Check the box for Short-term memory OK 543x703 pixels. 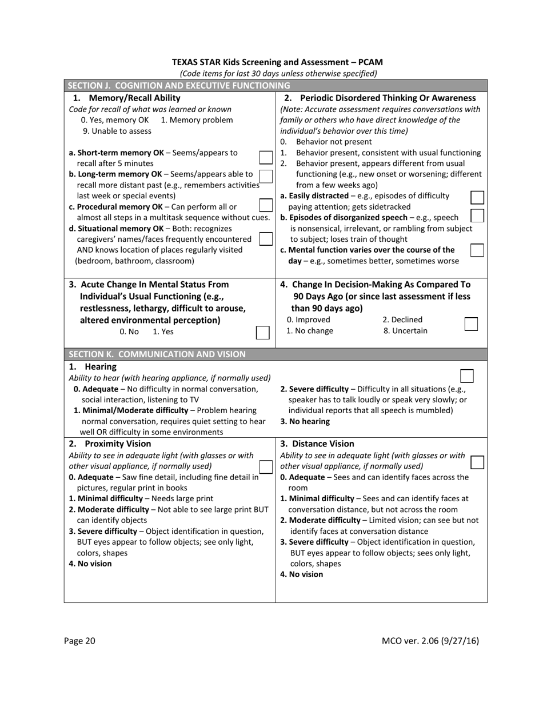(266, 158)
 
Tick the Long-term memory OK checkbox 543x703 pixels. (266, 175)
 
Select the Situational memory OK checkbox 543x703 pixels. (266, 239)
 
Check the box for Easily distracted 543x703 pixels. (477, 198)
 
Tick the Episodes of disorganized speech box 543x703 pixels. (477, 216)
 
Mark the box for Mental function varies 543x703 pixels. (477, 250)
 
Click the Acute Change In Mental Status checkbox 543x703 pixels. (262, 333)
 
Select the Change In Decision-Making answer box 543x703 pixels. (471, 324)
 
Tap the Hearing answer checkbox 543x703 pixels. (466, 376)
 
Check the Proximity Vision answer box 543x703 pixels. (266, 467)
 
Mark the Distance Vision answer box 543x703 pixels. (477, 462)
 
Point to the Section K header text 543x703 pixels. (157, 354)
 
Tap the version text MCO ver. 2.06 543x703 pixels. (430, 641)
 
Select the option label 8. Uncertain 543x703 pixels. (405, 330)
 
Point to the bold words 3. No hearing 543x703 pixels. (305, 421)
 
